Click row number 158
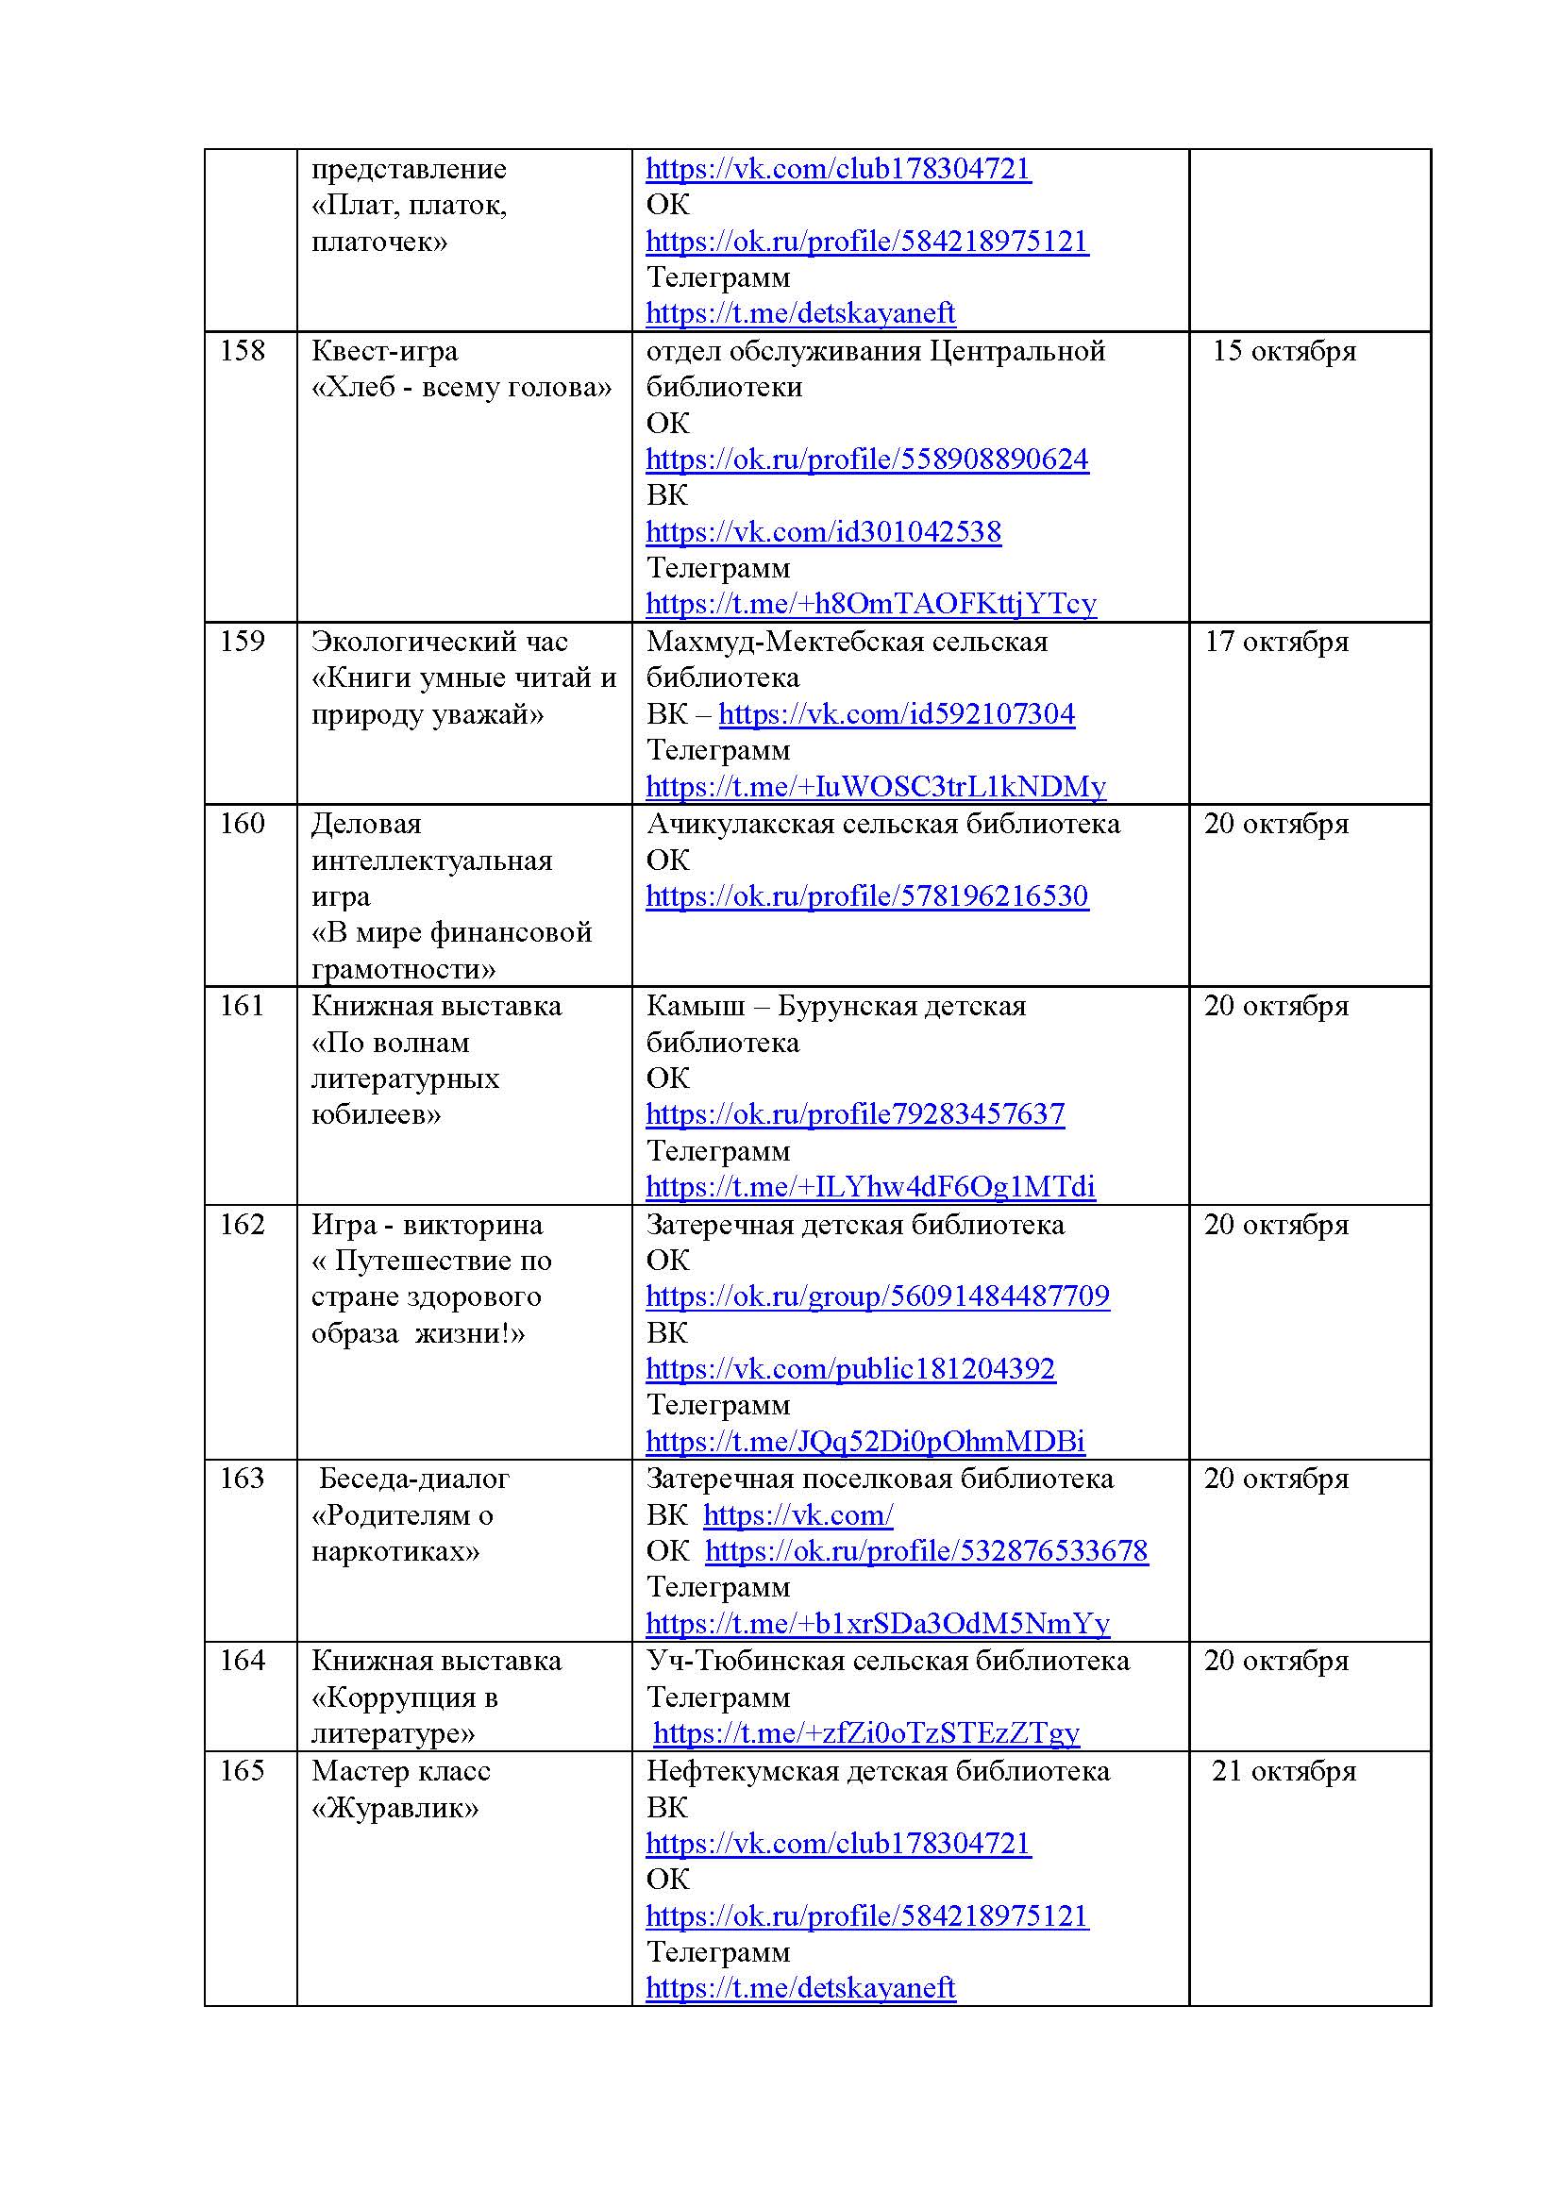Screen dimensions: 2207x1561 click(x=243, y=351)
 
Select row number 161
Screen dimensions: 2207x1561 click(x=243, y=1007)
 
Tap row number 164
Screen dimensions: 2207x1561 click(x=243, y=1661)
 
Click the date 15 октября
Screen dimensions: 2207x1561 click(x=1284, y=351)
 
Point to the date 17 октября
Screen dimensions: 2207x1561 click(x=1277, y=643)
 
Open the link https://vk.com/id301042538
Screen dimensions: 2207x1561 click(x=823, y=531)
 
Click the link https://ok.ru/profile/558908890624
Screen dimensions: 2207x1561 click(x=866, y=460)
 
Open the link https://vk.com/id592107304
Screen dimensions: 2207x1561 click(x=896, y=714)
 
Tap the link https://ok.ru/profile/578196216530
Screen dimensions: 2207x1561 click(x=866, y=895)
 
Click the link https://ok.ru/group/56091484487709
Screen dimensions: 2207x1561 click(x=877, y=1296)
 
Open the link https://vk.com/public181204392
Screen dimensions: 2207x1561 click(x=849, y=1369)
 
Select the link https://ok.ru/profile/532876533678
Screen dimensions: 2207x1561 click(x=926, y=1551)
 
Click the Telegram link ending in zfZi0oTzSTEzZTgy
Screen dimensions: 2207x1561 click(x=865, y=1733)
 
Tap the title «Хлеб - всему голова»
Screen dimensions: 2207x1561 click(x=462, y=388)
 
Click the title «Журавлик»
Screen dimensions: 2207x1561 click(x=395, y=1808)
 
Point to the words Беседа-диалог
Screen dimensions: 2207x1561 click(x=413, y=1479)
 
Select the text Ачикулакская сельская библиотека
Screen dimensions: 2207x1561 click(x=882, y=824)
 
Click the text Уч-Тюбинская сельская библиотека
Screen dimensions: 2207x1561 click(x=887, y=1661)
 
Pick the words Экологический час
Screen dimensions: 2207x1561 click(x=439, y=643)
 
